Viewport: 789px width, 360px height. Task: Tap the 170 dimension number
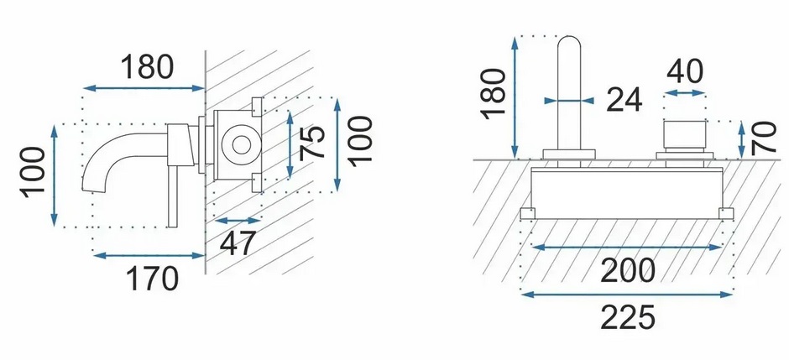150,277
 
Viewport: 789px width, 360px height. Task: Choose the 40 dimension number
685,71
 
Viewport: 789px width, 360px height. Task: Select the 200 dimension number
628,269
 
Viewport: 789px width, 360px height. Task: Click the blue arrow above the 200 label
628,248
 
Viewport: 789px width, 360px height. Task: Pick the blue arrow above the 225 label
628,293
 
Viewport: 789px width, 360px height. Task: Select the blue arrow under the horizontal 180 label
145,86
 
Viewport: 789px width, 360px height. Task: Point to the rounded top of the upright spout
572,43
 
